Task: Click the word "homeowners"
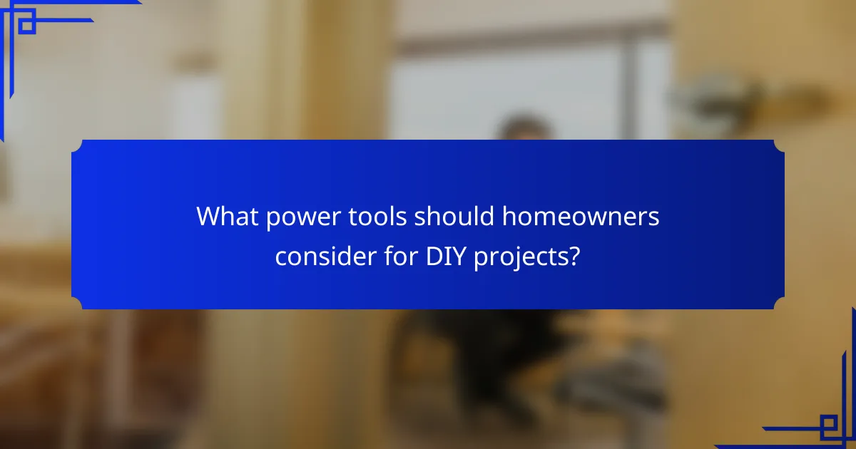click(576, 216)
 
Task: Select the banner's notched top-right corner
click(779, 145)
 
